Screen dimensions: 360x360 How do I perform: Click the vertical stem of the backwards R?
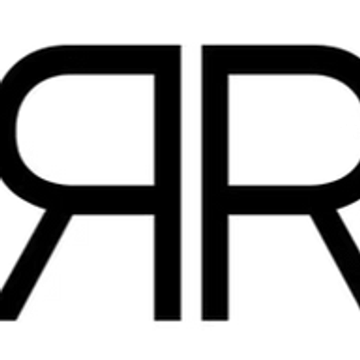pos(168,183)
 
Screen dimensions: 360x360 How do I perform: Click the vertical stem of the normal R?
pos(215,183)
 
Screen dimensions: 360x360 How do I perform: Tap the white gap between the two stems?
pos(191,183)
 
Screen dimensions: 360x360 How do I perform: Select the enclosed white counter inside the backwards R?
pos(85,129)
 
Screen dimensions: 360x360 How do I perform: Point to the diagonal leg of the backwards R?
pos(36,263)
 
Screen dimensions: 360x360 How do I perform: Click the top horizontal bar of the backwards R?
pos(110,60)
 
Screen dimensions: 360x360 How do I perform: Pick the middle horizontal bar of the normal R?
pos(270,200)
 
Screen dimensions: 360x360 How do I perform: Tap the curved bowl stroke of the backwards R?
pos(7,130)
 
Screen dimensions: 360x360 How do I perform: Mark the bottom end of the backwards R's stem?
pos(168,320)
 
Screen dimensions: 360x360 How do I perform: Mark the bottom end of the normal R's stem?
pos(215,320)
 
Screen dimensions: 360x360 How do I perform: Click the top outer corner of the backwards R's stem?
pos(181,46)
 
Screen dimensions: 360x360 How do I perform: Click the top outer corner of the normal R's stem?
pos(202,46)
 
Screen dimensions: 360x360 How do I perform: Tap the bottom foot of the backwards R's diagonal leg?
pos(7,319)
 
